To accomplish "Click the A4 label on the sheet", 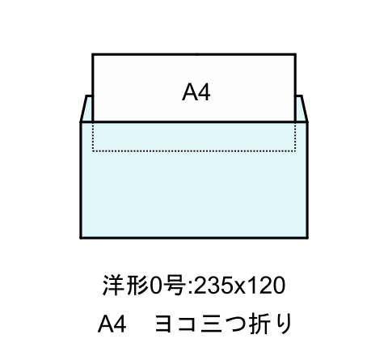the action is pos(196,92).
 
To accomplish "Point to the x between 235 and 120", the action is pos(240,287).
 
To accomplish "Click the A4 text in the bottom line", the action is pos(112,324).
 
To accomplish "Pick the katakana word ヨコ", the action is pos(175,324).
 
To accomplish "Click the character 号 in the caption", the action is pos(175,285).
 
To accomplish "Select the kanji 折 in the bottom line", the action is pos(261,324).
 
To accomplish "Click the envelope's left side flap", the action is pos(86,108).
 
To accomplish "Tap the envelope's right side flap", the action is pos(302,108).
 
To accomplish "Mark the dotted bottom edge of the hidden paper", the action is pos(194,151).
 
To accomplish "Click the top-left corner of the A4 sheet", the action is pos(93,54).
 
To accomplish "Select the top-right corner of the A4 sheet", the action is pos(296,54).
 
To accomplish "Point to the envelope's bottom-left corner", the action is pos(81,238).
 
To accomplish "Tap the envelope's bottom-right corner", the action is pos(307,238).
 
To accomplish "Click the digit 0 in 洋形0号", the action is pos(157,286).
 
